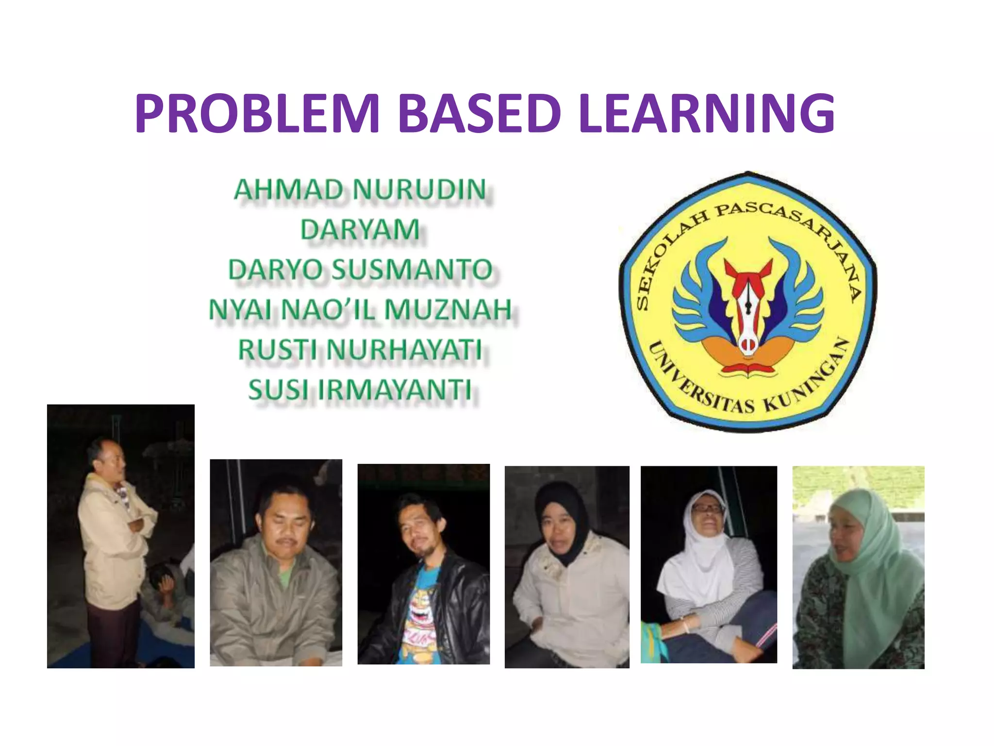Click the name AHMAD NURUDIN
[x=360, y=189]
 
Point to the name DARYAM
[x=360, y=229]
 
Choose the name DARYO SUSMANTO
[x=360, y=270]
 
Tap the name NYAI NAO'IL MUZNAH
[x=360, y=310]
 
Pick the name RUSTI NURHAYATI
[x=360, y=350]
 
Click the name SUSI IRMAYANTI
[x=360, y=390]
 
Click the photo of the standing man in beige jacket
[x=120, y=536]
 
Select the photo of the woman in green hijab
[x=858, y=567]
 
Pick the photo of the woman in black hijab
[x=567, y=567]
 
